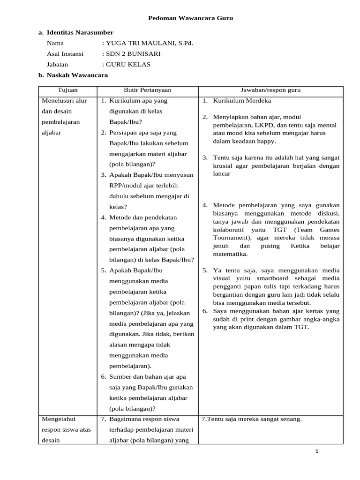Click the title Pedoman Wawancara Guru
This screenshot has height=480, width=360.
[x=190, y=18]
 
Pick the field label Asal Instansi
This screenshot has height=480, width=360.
[x=65, y=54]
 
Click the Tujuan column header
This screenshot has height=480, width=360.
[x=67, y=90]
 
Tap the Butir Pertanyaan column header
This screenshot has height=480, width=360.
[x=147, y=90]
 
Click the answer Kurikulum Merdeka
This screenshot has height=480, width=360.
[x=242, y=101]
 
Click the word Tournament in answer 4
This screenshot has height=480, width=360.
[x=229, y=238]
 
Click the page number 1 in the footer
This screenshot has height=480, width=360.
[x=317, y=451]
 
